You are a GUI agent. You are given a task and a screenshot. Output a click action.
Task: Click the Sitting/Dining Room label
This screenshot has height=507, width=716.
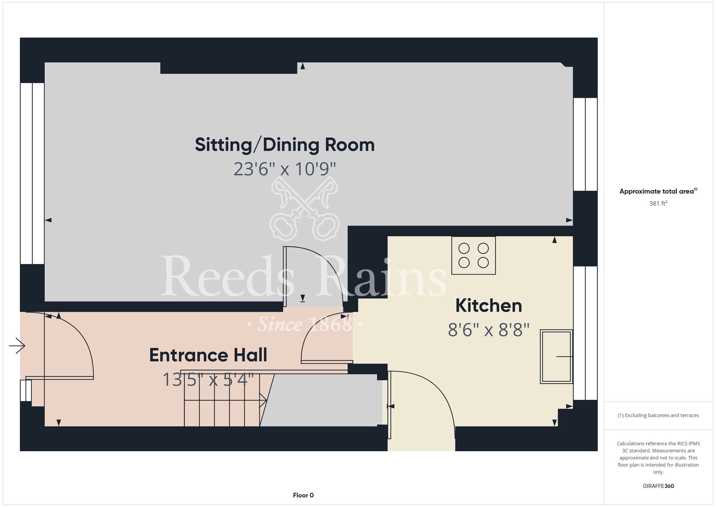285,145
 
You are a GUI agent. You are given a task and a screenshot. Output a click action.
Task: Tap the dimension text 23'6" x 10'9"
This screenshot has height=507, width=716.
285,169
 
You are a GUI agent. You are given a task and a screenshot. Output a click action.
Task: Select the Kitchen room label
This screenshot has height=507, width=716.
489,306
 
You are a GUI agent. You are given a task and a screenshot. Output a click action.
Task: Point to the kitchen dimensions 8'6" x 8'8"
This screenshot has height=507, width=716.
489,330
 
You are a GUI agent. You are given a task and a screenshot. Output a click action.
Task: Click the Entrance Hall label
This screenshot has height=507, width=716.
208,355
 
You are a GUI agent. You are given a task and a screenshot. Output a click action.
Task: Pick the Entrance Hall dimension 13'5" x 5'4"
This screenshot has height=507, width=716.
208,379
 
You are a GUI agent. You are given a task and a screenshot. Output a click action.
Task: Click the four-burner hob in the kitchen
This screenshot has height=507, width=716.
474,255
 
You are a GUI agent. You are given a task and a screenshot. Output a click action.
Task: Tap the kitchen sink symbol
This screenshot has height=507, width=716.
556,356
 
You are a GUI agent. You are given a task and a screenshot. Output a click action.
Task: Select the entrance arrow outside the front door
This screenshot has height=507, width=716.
17,346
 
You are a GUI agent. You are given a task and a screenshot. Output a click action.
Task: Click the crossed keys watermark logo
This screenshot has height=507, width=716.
304,208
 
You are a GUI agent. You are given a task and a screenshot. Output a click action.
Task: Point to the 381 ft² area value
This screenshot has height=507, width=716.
658,203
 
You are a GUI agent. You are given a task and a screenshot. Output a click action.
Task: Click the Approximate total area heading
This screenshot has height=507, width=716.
658,191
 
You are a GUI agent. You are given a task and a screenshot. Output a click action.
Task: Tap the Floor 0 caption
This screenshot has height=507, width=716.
303,495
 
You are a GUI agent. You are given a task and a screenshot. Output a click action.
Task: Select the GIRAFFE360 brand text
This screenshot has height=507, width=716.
658,486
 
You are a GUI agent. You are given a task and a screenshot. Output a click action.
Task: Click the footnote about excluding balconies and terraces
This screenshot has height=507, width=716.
658,415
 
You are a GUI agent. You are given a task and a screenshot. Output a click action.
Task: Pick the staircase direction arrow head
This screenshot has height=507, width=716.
263,400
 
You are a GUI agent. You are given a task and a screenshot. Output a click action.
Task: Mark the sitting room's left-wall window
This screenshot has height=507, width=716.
32,174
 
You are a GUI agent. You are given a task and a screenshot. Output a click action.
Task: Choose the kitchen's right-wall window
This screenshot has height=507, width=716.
585,333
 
